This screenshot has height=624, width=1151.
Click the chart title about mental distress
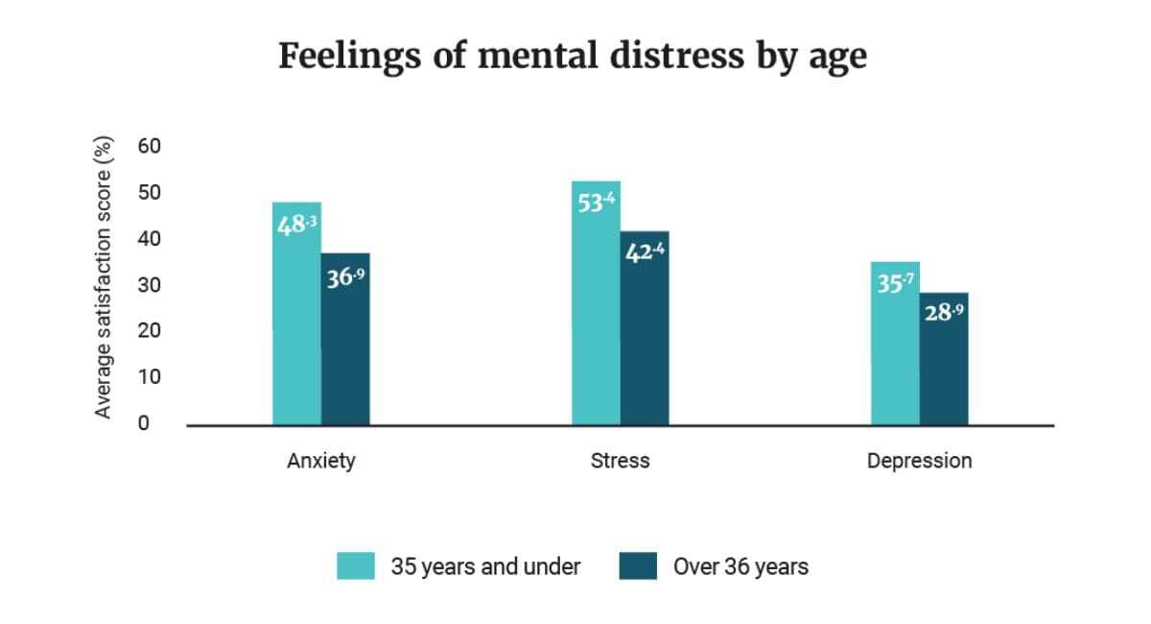point(573,56)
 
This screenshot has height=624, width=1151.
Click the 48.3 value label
point(296,227)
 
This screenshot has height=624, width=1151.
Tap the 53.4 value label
point(596,204)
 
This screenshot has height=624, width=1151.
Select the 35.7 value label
point(895,285)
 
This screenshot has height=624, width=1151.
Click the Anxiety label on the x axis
point(321,461)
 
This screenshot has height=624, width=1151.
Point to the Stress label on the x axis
point(621,461)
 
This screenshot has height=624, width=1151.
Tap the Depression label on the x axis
point(919,461)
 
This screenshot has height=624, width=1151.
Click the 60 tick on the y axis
point(149,146)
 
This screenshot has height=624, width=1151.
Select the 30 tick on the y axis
point(149,285)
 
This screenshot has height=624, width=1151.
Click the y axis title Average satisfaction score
point(104,277)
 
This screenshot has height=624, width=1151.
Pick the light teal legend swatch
point(356,566)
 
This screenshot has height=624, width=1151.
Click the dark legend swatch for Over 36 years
point(639,566)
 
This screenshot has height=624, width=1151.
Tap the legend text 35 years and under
point(485,566)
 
